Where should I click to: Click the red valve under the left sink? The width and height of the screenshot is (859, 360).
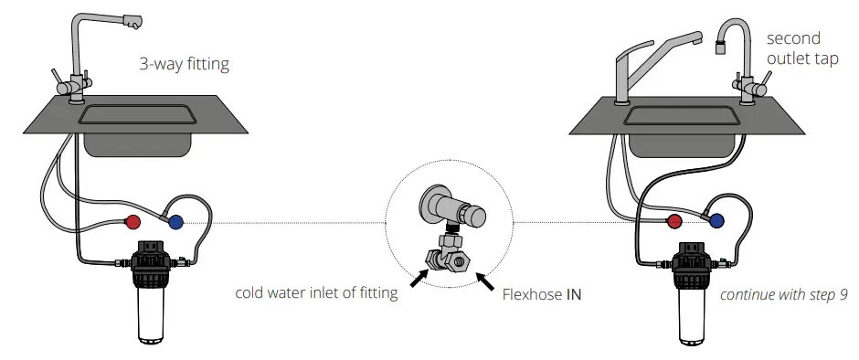(x=133, y=221)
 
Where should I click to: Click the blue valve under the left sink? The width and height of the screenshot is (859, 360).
(x=175, y=220)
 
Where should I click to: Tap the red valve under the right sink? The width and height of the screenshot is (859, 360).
(x=675, y=220)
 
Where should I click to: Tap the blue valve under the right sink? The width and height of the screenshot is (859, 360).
(x=717, y=220)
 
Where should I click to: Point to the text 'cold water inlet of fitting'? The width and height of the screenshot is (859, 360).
(x=316, y=293)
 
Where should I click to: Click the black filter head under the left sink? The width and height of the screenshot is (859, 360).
(x=154, y=263)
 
